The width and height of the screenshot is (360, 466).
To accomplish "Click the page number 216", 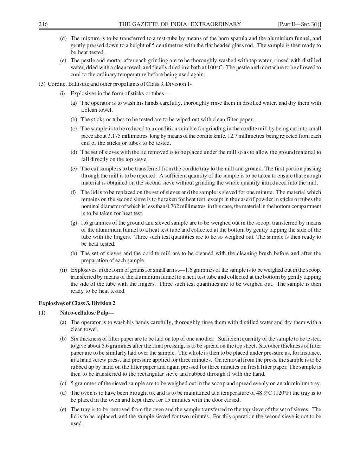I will click(x=43, y=24).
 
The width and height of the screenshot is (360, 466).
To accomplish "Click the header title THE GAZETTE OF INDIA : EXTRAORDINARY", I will click(x=180, y=24).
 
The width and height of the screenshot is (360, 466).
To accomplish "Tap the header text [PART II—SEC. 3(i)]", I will click(x=300, y=24).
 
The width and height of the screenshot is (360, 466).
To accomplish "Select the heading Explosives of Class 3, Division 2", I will click(x=77, y=303).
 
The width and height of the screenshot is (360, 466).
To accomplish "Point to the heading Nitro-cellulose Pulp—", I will click(x=87, y=312).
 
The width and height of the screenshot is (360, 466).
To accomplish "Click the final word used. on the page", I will click(x=77, y=423).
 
